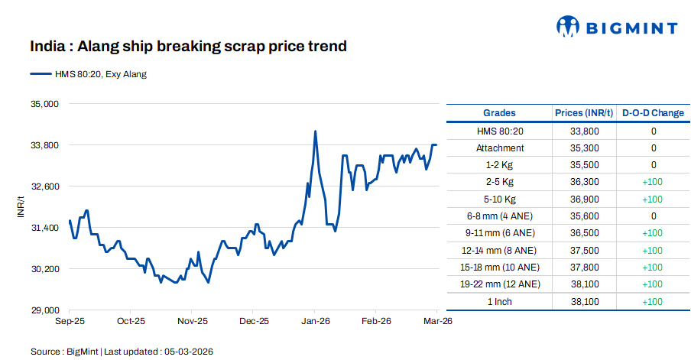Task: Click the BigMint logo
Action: (x=616, y=28)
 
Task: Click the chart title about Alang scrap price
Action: (x=188, y=47)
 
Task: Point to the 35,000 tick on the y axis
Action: (x=45, y=103)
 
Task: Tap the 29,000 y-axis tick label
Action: (x=45, y=310)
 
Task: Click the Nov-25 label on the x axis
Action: (x=193, y=322)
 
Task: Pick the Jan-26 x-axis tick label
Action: (x=315, y=322)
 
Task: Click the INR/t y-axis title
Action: (x=22, y=206)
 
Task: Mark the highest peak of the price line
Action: (x=316, y=131)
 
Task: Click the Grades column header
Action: (x=499, y=113)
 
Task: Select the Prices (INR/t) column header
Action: (x=584, y=113)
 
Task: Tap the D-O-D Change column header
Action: (x=653, y=113)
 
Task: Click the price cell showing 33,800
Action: (x=584, y=131)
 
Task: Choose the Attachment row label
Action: (x=500, y=148)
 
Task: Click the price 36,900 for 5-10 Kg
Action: (x=584, y=199)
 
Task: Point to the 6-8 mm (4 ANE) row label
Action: (x=500, y=216)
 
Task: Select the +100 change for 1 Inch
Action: (x=654, y=301)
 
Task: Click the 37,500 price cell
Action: (x=584, y=250)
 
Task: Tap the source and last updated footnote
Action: (x=122, y=351)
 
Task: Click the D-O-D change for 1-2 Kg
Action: (x=654, y=165)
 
